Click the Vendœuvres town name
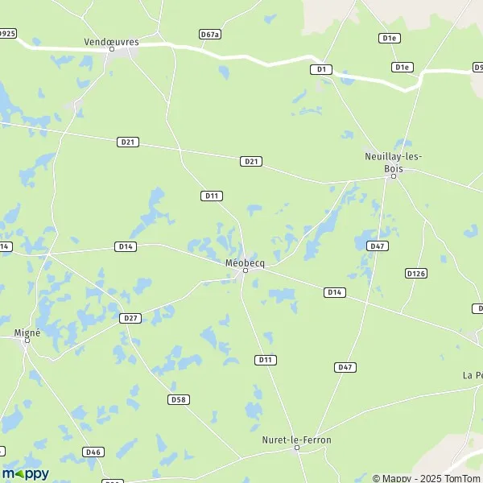pyautogui.click(x=111, y=40)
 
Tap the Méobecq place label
pyautogui.click(x=246, y=262)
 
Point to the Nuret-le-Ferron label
pyautogui.click(x=296, y=440)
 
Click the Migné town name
pyautogui.click(x=27, y=332)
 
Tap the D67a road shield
pyautogui.click(x=210, y=34)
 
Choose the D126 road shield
pyautogui.click(x=415, y=274)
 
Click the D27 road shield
pyautogui.click(x=130, y=318)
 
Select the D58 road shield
pyautogui.click(x=179, y=399)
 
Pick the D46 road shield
pyautogui.click(x=93, y=452)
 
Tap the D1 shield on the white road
pyautogui.click(x=321, y=70)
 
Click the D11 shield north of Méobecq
pyautogui.click(x=212, y=196)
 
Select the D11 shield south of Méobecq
pyautogui.click(x=265, y=359)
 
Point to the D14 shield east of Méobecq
pyautogui.click(x=335, y=291)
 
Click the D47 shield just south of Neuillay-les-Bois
pyautogui.click(x=376, y=245)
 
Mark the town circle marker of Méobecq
pyautogui.click(x=246, y=270)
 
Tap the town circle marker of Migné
pyautogui.click(x=27, y=341)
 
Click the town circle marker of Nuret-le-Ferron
pyautogui.click(x=296, y=449)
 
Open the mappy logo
pyautogui.click(x=26, y=473)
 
